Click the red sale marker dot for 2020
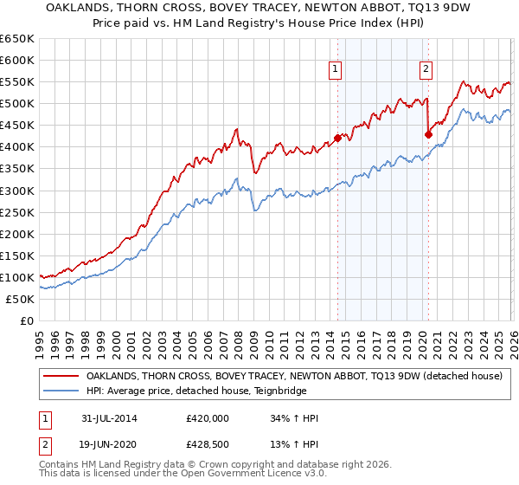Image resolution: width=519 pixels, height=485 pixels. click(428, 134)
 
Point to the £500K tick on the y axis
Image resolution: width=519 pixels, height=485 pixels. click(17, 104)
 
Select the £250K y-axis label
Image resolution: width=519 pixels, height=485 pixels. click(17, 212)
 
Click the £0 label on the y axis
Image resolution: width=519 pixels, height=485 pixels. click(26, 320)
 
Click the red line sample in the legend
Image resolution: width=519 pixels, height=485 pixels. click(61, 377)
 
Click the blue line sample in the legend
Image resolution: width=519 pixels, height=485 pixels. click(61, 391)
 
